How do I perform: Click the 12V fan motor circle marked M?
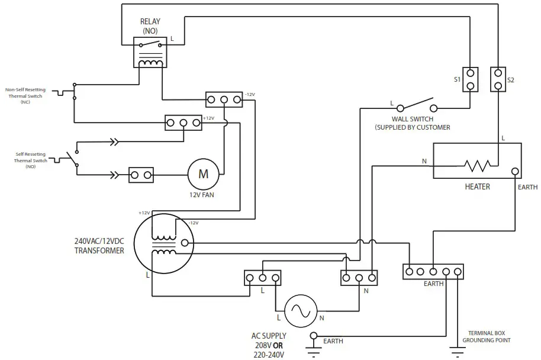[x=203, y=174]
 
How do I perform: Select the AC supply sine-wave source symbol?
[x=301, y=310]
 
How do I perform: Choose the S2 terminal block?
[x=498, y=79]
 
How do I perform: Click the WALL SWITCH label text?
[x=412, y=119]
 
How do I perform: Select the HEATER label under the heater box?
[x=477, y=187]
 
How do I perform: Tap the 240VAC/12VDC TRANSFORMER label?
[x=99, y=246]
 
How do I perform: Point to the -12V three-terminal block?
[x=224, y=99]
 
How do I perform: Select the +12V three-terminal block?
[x=183, y=123]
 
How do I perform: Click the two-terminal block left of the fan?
[x=141, y=175]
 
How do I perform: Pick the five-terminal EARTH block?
[x=433, y=272]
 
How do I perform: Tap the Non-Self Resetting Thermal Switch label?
[x=24, y=95]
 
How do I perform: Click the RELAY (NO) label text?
[x=150, y=26]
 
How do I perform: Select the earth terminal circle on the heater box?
[x=516, y=172]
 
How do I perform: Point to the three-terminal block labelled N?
[x=358, y=278]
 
